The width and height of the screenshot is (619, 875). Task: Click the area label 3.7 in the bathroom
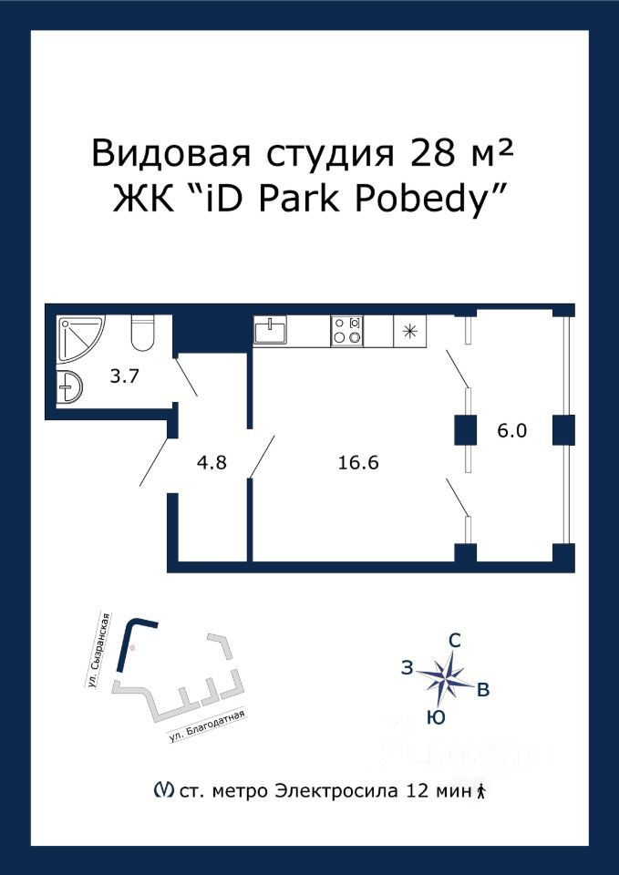pos(124,376)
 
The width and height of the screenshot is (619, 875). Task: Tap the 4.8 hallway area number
pos(213,463)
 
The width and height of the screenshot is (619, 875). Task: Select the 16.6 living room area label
pos(358,463)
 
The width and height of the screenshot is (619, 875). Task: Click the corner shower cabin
pos(78,337)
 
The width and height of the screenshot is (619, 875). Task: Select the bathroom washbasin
pos(69,385)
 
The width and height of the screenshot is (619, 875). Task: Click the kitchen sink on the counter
pos(270,330)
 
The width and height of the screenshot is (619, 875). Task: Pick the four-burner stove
pos(346,331)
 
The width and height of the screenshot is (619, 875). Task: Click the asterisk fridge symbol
pos(410,332)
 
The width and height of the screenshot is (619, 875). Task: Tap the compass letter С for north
pos(455,642)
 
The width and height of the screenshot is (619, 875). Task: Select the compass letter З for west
pos(408,668)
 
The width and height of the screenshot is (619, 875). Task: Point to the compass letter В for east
pos(483,690)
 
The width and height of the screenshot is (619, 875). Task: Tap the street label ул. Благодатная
pos(207,726)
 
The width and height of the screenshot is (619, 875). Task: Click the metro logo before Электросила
pos(162,790)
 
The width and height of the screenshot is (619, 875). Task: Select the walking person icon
pos(481,790)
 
